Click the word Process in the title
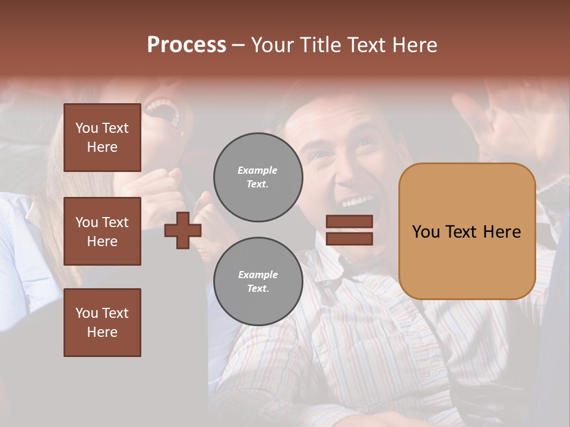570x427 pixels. [186, 45]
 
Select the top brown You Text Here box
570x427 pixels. [102, 138]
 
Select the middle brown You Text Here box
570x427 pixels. [102, 231]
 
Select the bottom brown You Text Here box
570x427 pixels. [102, 323]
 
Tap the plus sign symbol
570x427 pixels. [183, 230]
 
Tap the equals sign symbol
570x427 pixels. [349, 230]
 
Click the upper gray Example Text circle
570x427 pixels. [258, 177]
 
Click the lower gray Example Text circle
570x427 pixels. [258, 282]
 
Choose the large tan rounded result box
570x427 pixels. [467, 231]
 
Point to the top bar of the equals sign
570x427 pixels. [349, 221]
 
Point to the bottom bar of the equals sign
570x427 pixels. [349, 238]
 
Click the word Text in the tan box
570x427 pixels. [466, 232]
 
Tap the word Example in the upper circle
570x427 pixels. [258, 170]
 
